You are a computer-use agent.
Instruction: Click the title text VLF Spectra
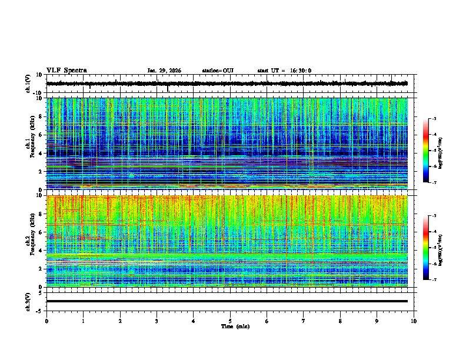click(66, 71)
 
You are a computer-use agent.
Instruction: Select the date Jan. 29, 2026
click(164, 71)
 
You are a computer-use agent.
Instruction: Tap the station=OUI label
click(218, 71)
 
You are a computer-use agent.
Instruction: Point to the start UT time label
click(284, 71)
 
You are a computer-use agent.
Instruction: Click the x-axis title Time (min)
click(235, 326)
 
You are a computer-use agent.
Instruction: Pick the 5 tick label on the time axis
click(230, 321)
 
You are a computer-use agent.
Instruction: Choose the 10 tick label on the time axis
click(414, 321)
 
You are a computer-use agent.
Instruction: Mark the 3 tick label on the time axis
click(157, 321)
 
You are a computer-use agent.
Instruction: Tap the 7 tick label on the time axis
click(304, 321)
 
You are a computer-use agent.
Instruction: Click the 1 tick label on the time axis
click(83, 321)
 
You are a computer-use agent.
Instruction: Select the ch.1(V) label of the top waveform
click(28, 84)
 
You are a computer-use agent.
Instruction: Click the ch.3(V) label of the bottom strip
click(28, 301)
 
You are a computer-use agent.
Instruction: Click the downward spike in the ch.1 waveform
click(168, 89)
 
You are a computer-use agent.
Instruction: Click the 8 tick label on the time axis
click(340, 321)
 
